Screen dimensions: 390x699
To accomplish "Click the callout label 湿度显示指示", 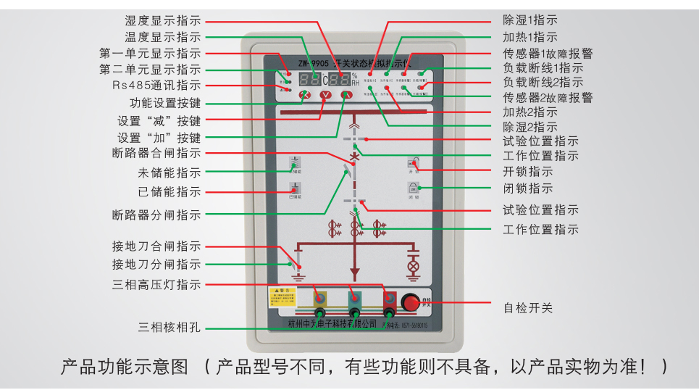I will (162, 21).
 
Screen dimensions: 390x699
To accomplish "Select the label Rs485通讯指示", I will (156, 86).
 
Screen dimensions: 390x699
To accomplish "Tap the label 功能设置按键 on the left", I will (164, 103).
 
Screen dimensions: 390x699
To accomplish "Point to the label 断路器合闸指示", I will (156, 153).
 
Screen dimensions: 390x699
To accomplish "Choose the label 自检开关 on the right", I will (528, 307).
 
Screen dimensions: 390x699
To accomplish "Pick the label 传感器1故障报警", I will (548, 54).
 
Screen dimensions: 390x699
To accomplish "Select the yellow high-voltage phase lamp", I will (319, 299).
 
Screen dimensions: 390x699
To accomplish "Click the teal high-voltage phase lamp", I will (354, 299).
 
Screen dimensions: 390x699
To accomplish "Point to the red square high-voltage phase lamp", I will (389, 299).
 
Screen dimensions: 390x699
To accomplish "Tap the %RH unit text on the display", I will (355, 79).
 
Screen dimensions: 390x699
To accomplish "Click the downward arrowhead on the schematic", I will (354, 274).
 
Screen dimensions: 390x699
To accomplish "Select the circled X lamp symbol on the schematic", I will (414, 266).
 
